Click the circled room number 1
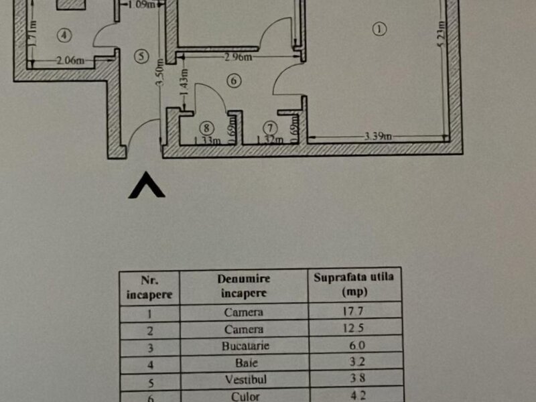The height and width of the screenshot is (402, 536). click(x=380, y=29)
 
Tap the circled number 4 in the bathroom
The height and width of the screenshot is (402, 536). click(x=64, y=34)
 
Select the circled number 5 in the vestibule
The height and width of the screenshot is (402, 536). click(x=140, y=56)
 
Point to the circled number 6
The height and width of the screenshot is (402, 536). click(x=233, y=81)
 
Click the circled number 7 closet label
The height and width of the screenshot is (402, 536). click(x=270, y=126)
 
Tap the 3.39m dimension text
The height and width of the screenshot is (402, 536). click(x=378, y=137)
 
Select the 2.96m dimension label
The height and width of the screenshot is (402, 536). click(x=238, y=58)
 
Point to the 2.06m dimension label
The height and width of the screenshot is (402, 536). click(x=70, y=61)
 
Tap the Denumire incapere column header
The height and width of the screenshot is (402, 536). click(x=244, y=285)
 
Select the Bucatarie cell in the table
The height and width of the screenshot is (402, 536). click(x=244, y=346)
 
